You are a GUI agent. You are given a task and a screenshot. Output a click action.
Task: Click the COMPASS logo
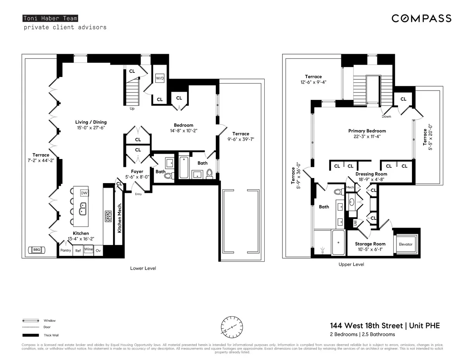(421, 18)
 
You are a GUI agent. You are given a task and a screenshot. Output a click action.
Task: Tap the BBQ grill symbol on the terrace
(37, 250)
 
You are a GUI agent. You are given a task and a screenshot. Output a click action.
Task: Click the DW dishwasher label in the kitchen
(84, 193)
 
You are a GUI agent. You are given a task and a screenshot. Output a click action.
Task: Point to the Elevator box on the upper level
(406, 244)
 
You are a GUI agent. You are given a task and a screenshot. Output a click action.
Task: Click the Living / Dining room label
(91, 122)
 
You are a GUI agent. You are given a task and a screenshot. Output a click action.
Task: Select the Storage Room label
(370, 244)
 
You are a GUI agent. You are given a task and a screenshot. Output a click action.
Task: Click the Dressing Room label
(371, 174)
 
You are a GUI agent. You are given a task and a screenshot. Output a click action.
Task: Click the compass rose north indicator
(232, 327)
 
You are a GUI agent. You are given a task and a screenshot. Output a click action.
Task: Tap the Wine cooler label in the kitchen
(89, 250)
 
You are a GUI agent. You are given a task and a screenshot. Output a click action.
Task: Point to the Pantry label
(65, 250)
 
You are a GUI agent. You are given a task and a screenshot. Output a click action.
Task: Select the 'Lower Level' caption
(143, 268)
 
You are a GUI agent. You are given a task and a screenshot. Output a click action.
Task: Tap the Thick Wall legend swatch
(31, 335)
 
